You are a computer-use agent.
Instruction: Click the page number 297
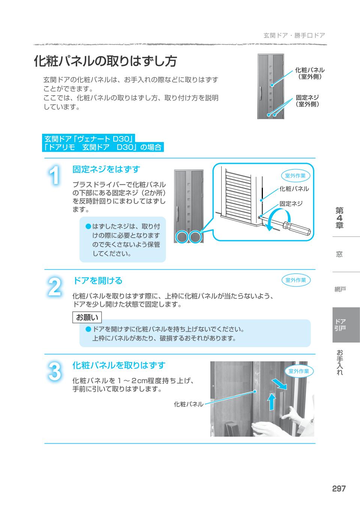tap(338, 489)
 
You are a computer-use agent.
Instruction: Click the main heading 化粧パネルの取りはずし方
tap(105, 61)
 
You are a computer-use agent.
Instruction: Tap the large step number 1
tap(55, 175)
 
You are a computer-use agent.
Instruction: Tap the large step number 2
tap(55, 287)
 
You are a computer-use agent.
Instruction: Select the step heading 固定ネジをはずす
tap(106, 169)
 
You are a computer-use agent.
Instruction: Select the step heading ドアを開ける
tap(97, 281)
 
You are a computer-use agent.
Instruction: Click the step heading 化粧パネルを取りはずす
tap(118, 365)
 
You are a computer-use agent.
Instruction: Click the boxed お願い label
tap(87, 317)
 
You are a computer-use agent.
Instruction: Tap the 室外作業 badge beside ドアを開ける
tap(296, 280)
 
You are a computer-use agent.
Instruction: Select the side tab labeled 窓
tap(339, 254)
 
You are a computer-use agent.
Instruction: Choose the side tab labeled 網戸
tap(340, 289)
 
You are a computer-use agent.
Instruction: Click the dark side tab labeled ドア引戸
tap(340, 325)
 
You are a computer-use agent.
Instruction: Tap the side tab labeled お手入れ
tap(340, 362)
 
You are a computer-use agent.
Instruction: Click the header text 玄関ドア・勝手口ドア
tap(294, 36)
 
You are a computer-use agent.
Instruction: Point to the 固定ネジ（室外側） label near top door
tap(307, 101)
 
